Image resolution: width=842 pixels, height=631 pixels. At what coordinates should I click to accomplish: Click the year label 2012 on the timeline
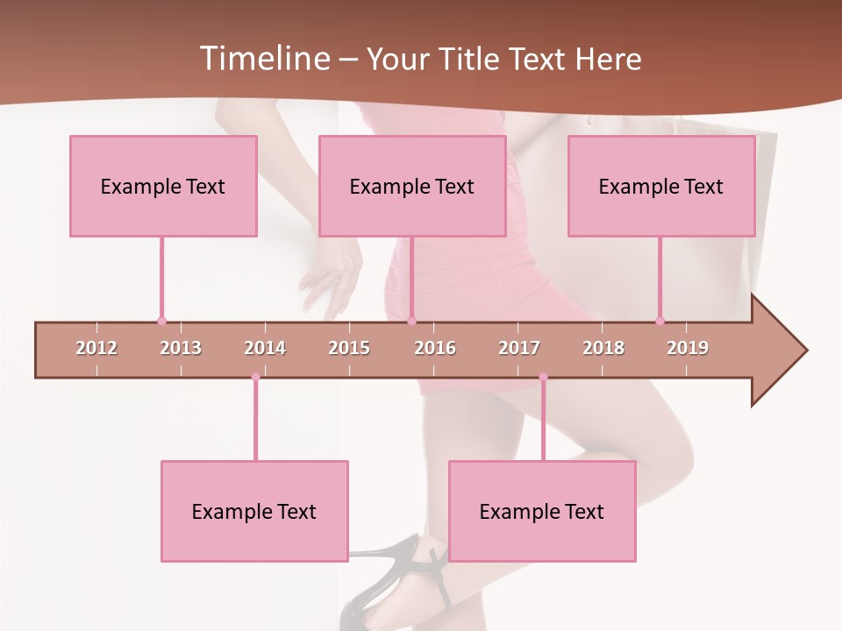(96, 348)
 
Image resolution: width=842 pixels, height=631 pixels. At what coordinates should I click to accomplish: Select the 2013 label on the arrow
(181, 348)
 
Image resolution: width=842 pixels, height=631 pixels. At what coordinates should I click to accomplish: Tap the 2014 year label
(265, 348)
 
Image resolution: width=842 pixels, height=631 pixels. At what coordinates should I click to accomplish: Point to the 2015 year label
(349, 348)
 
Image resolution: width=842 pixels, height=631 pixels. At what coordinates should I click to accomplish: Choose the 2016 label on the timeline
(435, 348)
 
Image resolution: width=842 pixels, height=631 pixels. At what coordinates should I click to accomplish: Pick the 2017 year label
(519, 348)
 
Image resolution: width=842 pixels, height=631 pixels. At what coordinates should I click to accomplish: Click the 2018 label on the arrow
(603, 348)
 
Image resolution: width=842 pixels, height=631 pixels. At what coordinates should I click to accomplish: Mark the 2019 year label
(688, 348)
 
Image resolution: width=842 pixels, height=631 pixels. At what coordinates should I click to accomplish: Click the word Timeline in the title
(262, 59)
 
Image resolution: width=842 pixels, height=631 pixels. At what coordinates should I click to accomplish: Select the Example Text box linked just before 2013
(163, 186)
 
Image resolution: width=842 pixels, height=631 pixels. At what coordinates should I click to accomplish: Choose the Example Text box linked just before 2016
(412, 186)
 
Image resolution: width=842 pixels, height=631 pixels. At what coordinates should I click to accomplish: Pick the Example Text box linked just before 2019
(661, 186)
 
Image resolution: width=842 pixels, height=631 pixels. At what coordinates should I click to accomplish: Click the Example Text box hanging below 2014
(254, 511)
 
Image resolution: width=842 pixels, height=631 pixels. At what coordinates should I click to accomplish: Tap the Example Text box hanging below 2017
(542, 511)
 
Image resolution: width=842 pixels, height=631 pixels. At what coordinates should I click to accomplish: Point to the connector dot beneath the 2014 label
(255, 377)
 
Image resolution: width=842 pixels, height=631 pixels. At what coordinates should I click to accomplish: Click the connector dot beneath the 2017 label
(543, 377)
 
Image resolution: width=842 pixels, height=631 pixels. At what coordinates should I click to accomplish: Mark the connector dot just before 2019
(660, 321)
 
